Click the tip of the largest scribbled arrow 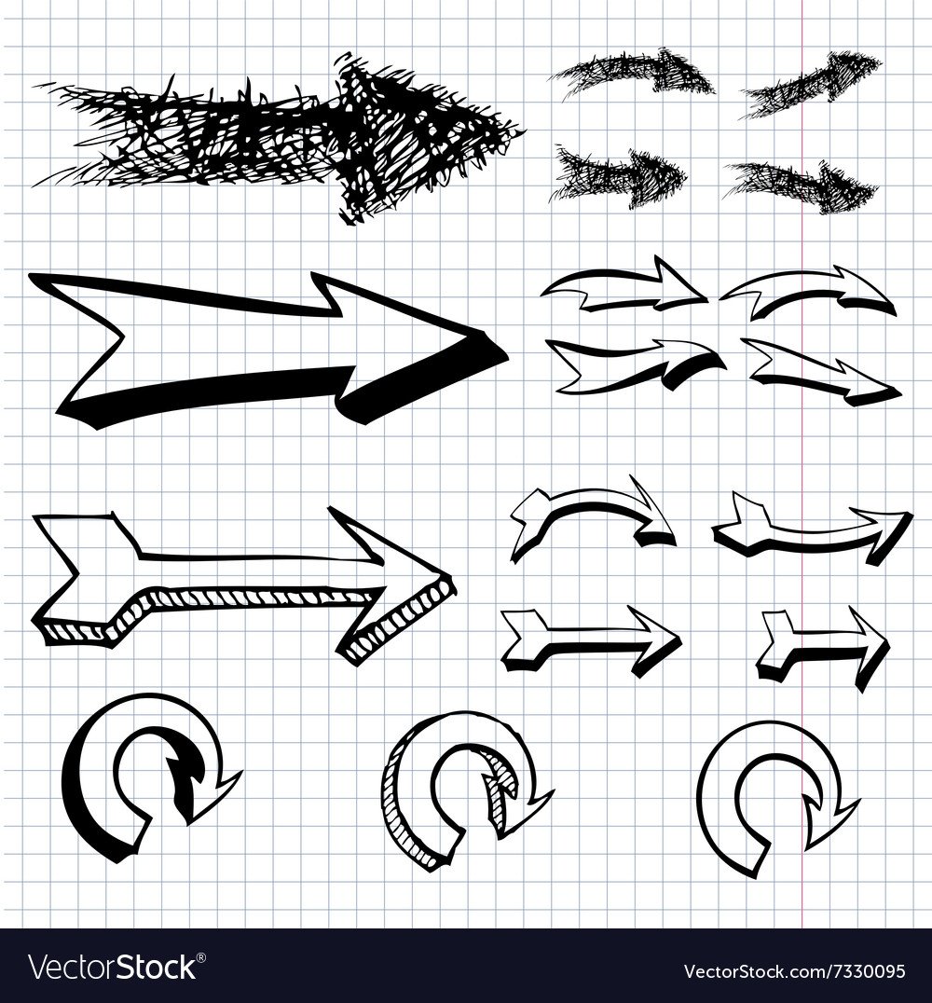click(525, 131)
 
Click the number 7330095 click(867, 971)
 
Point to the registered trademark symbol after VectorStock click(202, 957)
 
